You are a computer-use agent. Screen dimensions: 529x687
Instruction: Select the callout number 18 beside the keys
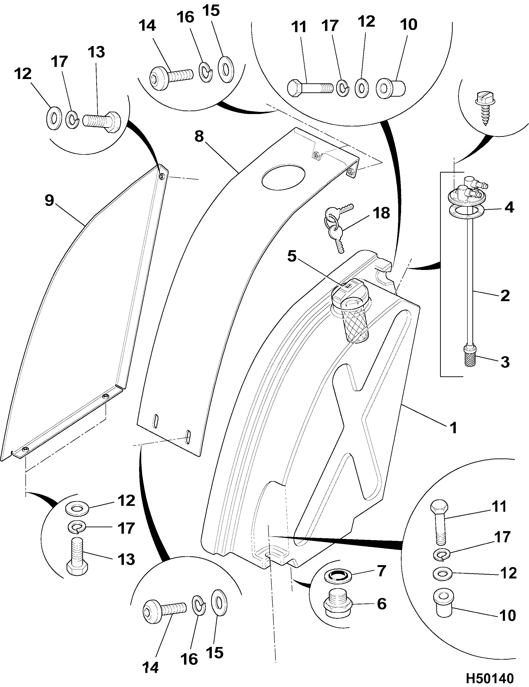pyautogui.click(x=381, y=213)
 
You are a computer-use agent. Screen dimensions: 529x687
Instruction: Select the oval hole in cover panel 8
pyautogui.click(x=283, y=178)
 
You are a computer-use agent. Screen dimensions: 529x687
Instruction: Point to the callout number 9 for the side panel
pyautogui.click(x=49, y=200)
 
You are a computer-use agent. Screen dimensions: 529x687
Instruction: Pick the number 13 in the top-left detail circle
pyautogui.click(x=96, y=52)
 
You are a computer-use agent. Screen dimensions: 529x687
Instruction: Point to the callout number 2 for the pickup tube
pyautogui.click(x=505, y=296)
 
